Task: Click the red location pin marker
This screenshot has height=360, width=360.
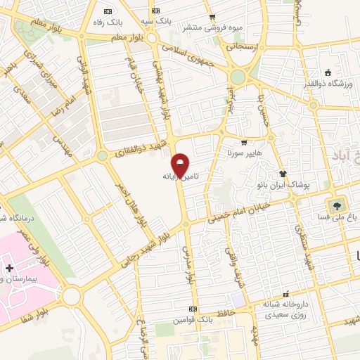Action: point(181,165)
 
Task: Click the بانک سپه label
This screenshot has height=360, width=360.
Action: point(155,22)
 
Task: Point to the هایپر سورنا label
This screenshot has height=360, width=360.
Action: point(244,153)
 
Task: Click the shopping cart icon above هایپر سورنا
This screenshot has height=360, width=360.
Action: point(244,143)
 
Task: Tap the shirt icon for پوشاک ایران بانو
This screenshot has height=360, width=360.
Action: point(283,174)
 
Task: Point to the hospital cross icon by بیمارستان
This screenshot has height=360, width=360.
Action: point(8,269)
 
